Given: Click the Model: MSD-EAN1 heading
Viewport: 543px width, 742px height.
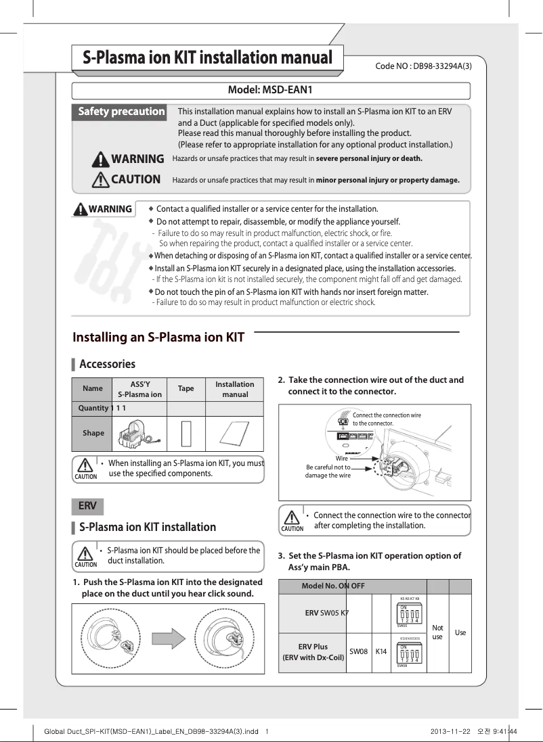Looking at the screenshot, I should tap(270, 90).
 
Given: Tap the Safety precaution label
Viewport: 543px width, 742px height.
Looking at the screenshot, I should tap(121, 112).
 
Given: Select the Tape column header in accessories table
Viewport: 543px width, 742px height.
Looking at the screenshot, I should tap(186, 389).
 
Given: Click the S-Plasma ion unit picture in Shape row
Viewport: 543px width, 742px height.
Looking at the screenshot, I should tap(139, 433).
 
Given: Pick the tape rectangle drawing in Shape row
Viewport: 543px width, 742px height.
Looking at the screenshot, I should tap(186, 434).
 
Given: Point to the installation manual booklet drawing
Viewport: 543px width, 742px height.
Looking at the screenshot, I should tap(234, 433).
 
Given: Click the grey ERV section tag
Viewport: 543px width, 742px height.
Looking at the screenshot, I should tap(87, 506).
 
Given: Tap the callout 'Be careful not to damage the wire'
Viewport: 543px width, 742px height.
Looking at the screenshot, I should tap(329, 471).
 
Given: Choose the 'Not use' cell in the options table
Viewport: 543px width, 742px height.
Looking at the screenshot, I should tap(437, 632).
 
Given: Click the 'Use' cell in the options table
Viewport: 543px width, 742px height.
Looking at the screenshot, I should tap(460, 632).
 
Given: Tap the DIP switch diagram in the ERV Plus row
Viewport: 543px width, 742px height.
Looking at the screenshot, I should tap(410, 653).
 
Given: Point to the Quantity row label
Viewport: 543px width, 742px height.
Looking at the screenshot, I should tap(92, 408).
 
